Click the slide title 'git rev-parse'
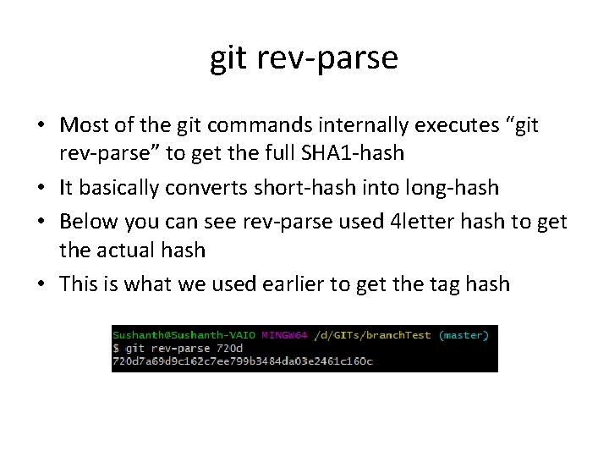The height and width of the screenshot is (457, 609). click(x=304, y=58)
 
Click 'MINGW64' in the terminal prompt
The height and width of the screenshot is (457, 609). click(x=285, y=335)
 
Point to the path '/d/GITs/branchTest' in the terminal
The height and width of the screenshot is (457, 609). click(x=373, y=335)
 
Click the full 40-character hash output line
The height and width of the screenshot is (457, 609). click(x=243, y=361)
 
